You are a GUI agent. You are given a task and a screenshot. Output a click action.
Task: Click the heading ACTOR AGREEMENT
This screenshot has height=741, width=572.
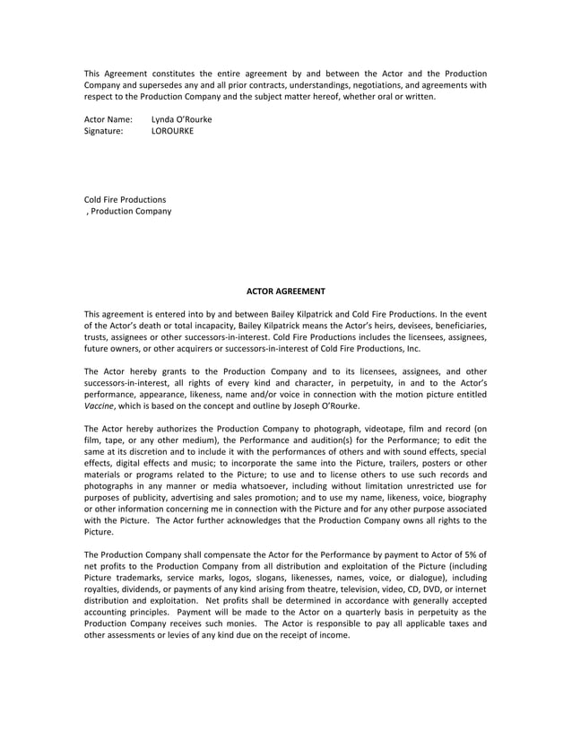[x=286, y=291]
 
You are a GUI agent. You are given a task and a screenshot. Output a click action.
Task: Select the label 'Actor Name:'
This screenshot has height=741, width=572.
[x=108, y=119]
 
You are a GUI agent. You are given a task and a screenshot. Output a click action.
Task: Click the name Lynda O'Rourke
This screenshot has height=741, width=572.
[x=182, y=119]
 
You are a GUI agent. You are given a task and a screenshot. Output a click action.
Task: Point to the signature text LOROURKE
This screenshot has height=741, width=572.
[x=172, y=131]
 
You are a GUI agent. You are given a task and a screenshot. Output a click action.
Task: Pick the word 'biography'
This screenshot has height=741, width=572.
[x=465, y=497]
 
